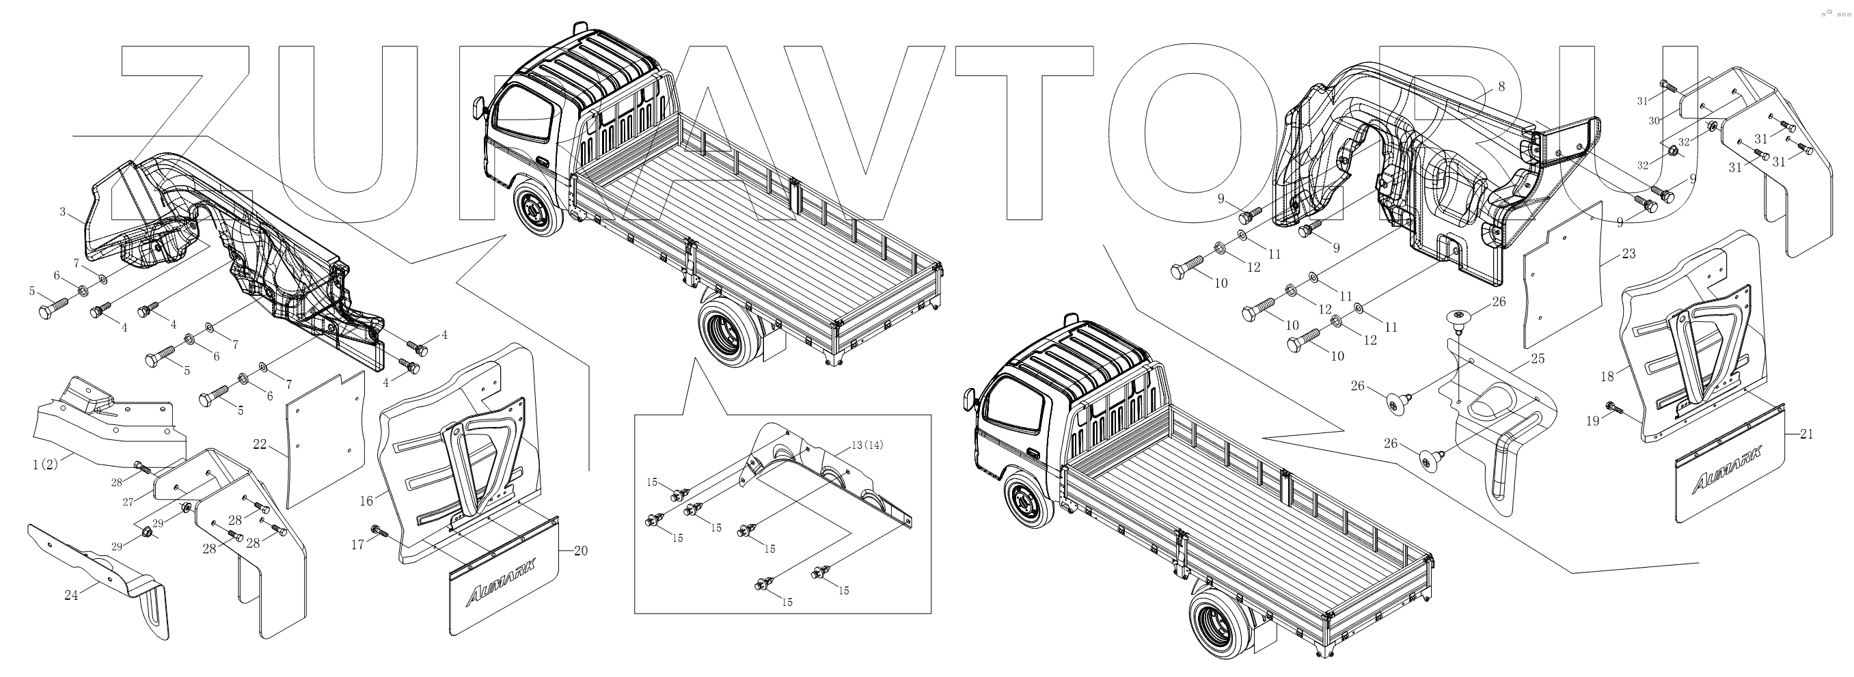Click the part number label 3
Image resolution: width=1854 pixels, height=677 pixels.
click(x=63, y=212)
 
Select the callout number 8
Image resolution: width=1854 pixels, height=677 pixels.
click(x=1501, y=85)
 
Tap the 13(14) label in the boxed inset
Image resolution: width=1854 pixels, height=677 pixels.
click(x=867, y=445)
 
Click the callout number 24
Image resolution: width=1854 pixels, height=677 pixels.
click(x=70, y=595)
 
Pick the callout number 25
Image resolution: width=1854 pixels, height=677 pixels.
click(x=1538, y=358)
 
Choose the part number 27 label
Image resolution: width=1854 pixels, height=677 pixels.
click(x=127, y=501)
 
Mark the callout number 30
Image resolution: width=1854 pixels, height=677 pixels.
click(x=1654, y=121)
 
